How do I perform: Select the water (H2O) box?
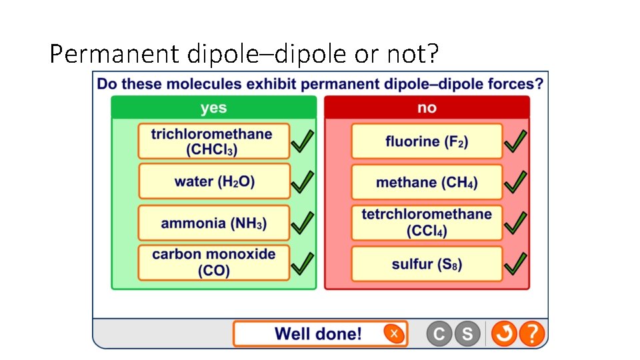[214, 181]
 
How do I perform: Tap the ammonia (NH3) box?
[214, 223]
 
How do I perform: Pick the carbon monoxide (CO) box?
[214, 263]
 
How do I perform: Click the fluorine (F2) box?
[427, 141]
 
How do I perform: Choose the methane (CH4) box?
[427, 182]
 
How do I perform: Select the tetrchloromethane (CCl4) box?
[427, 223]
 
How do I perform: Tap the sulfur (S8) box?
[427, 264]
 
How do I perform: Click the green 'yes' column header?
[214, 107]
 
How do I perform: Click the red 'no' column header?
[427, 107]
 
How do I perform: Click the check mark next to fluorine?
[515, 141]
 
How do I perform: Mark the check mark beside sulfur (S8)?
[515, 263]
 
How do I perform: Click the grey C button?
[439, 333]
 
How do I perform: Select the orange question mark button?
[532, 333]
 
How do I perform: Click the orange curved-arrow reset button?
[504, 333]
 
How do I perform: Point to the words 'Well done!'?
[318, 333]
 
